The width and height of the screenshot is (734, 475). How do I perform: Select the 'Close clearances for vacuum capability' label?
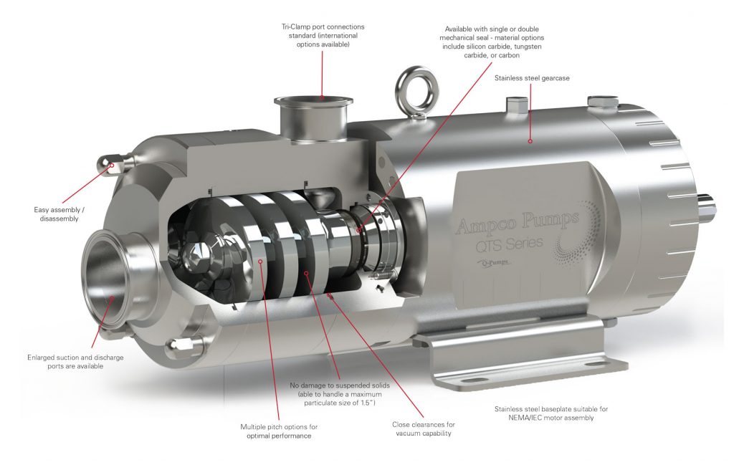click(x=423, y=428)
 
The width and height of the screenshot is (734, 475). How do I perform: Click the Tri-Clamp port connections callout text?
click(x=320, y=35)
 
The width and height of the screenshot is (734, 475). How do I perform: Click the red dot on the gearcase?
click(x=530, y=140)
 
